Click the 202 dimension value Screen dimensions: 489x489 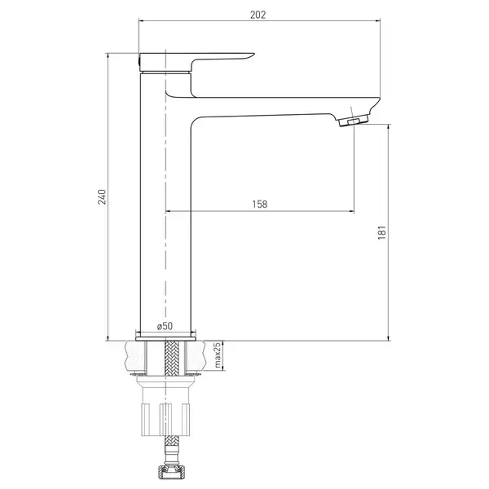coord(258,15)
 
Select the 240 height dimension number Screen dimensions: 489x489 coord(103,196)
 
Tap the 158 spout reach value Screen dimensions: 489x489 coord(260,204)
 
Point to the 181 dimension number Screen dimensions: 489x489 coord(382,232)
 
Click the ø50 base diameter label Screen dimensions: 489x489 coord(165,326)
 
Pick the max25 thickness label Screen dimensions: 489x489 coord(218,355)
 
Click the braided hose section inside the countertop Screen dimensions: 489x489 coord(170,358)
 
